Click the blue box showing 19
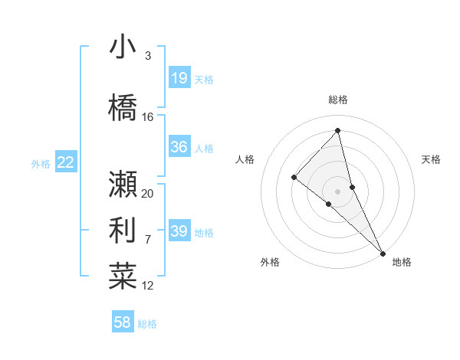[x=179, y=78]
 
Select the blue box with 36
[x=179, y=147]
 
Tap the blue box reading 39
[x=179, y=231]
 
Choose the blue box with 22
[x=66, y=162]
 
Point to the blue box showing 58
[x=123, y=322]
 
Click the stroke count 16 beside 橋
[x=148, y=117]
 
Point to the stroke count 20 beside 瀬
[x=148, y=194]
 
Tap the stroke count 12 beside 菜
[x=148, y=286]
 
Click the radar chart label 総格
[x=338, y=100]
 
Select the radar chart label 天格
[x=432, y=159]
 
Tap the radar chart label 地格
[x=402, y=262]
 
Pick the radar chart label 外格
[x=270, y=262]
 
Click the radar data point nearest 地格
[x=382, y=252]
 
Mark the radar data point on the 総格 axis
[x=338, y=131]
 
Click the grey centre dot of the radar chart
[x=338, y=191]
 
